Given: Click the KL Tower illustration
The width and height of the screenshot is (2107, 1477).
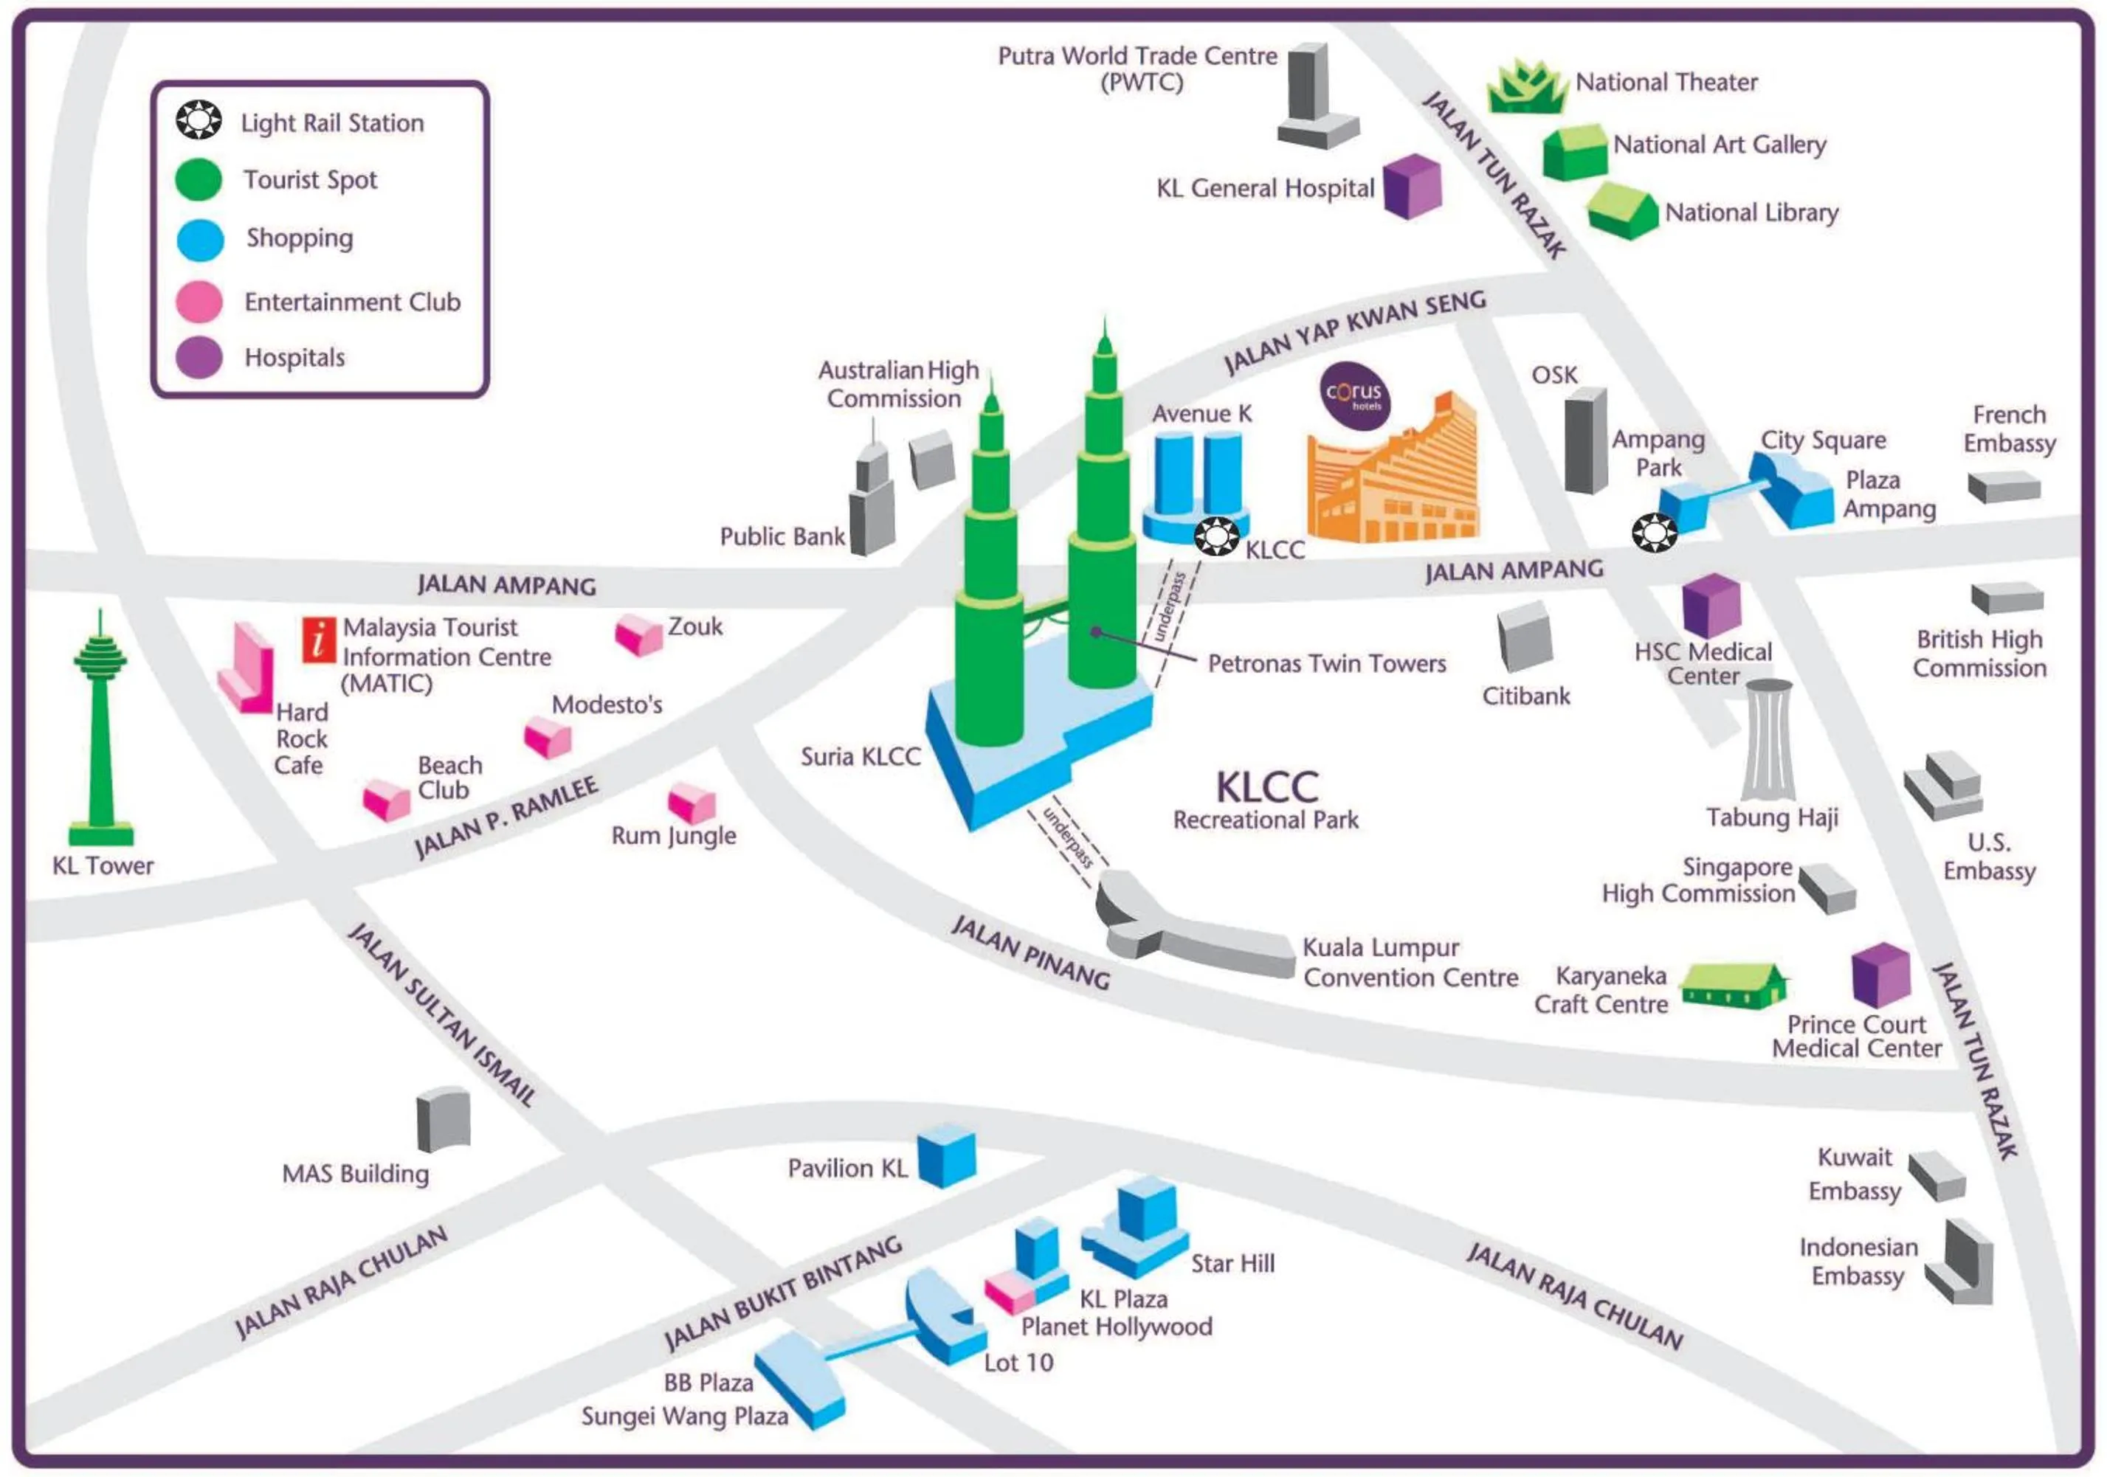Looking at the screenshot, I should [101, 734].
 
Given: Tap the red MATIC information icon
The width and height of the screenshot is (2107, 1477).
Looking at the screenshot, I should [318, 640].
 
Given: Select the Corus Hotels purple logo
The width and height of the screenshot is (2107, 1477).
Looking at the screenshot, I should [1354, 396].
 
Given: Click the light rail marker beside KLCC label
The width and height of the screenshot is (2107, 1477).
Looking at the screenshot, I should [1216, 536].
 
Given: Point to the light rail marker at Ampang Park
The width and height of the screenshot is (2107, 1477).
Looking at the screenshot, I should [1654, 532].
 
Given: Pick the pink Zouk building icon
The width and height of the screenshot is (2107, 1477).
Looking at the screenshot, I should [638, 634].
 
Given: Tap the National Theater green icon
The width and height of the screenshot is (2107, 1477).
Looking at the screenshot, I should [1526, 89].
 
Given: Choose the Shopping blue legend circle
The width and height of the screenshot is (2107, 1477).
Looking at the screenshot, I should [200, 241].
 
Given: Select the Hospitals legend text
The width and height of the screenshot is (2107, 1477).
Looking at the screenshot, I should [294, 358].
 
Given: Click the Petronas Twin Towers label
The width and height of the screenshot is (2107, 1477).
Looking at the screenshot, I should [1326, 663].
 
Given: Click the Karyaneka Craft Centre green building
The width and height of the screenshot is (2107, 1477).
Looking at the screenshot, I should [1733, 986].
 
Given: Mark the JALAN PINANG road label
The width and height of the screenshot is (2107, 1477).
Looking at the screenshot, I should [1030, 952].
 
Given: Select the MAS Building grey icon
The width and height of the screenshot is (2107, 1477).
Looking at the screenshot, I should [444, 1119].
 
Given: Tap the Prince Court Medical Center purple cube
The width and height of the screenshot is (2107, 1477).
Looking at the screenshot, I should [1880, 975].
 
